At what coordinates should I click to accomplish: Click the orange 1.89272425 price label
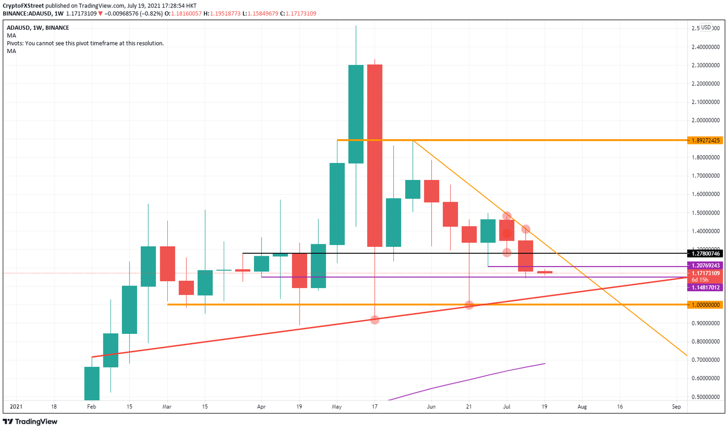point(706,140)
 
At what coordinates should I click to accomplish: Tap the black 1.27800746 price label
point(706,254)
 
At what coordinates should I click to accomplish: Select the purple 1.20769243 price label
point(706,266)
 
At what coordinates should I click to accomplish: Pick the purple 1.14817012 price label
point(706,287)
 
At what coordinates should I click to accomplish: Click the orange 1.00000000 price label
point(706,305)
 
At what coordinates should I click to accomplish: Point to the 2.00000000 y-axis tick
point(706,120)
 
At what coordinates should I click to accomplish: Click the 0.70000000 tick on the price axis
point(706,360)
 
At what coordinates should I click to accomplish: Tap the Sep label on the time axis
point(676,406)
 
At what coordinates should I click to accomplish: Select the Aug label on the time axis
point(582,406)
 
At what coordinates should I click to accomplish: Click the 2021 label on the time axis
point(16,406)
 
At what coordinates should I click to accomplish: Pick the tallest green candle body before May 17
point(356,114)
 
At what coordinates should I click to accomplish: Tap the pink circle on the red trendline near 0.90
point(375,320)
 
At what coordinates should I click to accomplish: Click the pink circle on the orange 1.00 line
point(469,305)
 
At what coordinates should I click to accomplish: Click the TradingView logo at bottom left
point(31,421)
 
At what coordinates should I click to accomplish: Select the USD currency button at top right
point(706,27)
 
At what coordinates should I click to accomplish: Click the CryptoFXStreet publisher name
point(23,6)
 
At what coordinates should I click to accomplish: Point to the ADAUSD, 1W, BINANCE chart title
point(38,28)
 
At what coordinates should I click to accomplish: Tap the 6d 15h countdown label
point(700,280)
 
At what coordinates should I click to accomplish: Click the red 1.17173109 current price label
point(706,273)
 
